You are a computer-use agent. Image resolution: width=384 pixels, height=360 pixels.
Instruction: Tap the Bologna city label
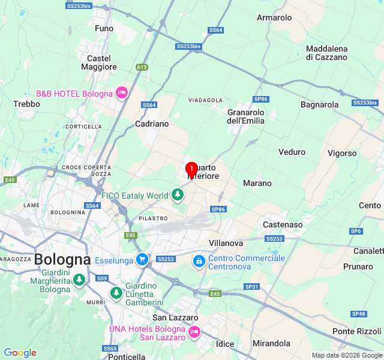(x=62, y=260)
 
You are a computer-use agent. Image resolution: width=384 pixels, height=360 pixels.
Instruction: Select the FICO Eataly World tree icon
(x=177, y=195)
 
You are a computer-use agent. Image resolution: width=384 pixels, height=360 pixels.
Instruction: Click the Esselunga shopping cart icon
(x=142, y=260)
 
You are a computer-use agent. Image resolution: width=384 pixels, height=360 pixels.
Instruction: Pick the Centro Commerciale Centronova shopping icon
(x=199, y=262)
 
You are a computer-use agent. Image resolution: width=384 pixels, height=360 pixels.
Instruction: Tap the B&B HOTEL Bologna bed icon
(x=122, y=93)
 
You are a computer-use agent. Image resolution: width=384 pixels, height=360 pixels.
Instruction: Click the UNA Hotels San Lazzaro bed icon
(x=194, y=332)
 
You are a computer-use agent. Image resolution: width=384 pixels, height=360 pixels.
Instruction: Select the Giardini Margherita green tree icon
(x=79, y=280)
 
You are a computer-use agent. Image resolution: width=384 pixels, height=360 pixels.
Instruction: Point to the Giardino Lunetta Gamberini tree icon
(x=116, y=293)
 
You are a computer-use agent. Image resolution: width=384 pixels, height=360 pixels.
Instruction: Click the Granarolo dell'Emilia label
(x=246, y=116)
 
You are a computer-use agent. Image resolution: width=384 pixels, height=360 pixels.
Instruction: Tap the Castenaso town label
(x=283, y=224)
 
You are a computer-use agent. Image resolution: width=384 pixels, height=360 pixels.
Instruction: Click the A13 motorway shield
(x=142, y=67)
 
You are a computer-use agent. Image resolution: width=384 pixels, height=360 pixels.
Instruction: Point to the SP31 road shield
(x=251, y=287)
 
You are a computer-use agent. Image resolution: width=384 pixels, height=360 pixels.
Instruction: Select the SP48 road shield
(x=359, y=314)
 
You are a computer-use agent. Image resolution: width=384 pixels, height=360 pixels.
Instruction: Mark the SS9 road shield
(x=102, y=278)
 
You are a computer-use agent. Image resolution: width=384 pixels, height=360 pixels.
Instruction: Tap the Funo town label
(x=104, y=28)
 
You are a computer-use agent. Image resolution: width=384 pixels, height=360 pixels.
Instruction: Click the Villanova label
(x=226, y=243)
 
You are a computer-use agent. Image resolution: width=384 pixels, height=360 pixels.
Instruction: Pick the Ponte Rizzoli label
(x=356, y=331)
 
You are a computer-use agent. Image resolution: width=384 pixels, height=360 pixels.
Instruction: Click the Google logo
(x=20, y=353)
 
